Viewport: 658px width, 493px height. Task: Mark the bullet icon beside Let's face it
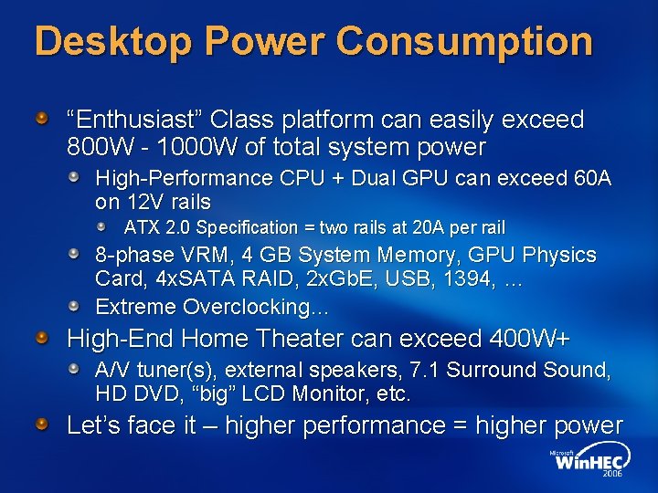42,424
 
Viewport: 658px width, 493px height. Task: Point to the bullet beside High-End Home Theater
42,338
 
